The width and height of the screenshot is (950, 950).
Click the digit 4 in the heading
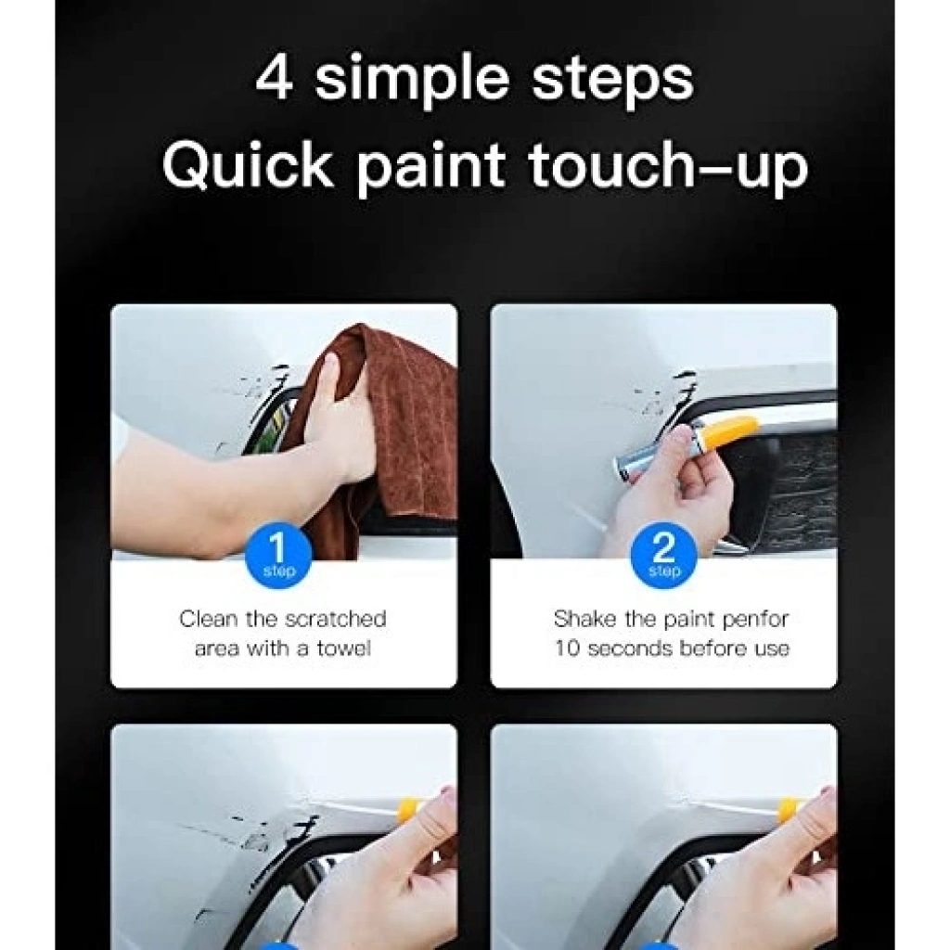(274, 77)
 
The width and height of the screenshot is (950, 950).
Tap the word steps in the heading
(612, 79)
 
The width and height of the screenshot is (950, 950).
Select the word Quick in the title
(248, 163)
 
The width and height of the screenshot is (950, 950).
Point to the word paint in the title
(430, 170)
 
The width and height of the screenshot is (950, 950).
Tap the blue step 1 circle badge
(278, 556)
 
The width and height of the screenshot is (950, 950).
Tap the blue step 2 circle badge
(664, 556)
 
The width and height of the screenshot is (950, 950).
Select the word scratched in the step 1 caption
(335, 619)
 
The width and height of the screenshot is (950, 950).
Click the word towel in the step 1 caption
(343, 648)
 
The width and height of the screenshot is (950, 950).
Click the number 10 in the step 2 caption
(569, 648)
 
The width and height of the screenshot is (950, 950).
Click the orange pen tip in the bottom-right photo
(791, 807)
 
